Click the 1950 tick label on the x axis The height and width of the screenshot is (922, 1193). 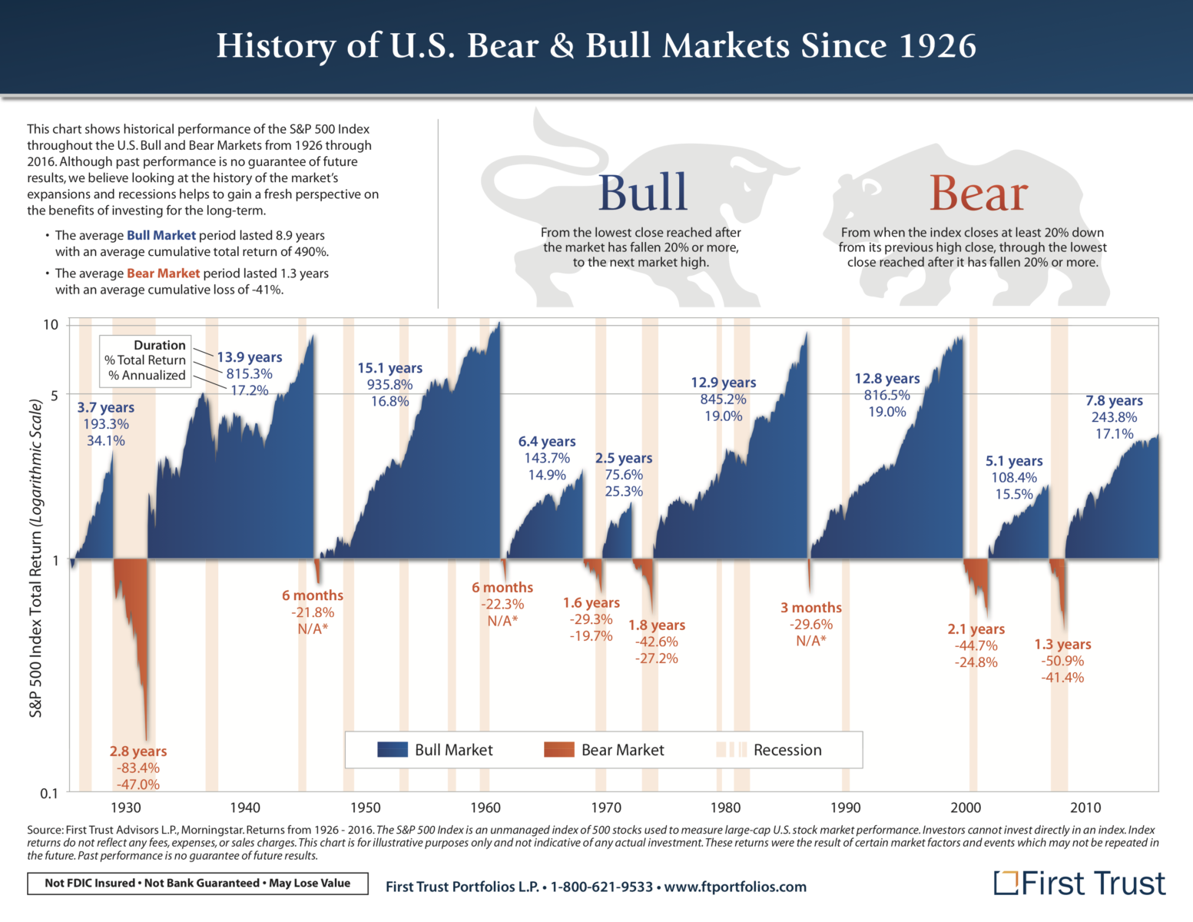coord(365,808)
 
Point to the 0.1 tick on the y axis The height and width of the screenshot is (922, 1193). coord(49,794)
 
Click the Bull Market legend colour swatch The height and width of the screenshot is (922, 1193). coord(393,750)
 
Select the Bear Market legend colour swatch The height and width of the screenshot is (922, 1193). coord(558,750)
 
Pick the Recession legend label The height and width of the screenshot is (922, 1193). coord(787,750)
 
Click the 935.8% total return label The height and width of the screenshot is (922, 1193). coord(389,385)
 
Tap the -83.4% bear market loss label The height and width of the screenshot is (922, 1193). coord(138,768)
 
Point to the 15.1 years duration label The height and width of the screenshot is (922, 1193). coord(389,368)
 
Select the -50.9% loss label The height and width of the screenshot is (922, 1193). coord(1062,661)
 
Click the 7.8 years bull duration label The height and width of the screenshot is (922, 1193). coord(1114,400)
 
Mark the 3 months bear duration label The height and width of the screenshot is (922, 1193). coord(811,608)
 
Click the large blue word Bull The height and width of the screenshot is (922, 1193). coord(642,193)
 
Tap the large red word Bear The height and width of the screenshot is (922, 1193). coord(978,193)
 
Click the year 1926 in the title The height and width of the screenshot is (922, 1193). coord(937,46)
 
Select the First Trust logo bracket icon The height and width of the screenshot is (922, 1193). coord(1006,883)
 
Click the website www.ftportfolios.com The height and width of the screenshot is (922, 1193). coord(735,887)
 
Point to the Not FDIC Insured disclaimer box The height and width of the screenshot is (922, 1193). coord(197,884)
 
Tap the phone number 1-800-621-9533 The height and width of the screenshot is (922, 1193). coord(601,887)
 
